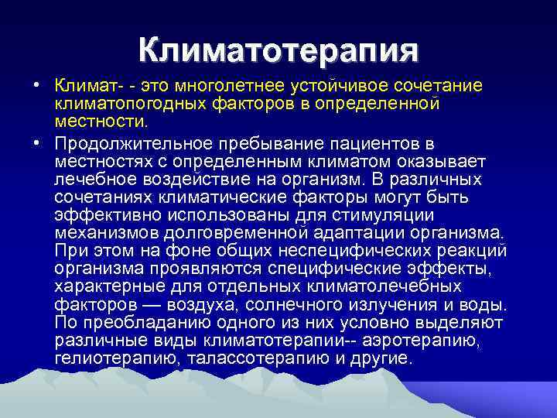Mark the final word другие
tap(381, 360)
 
